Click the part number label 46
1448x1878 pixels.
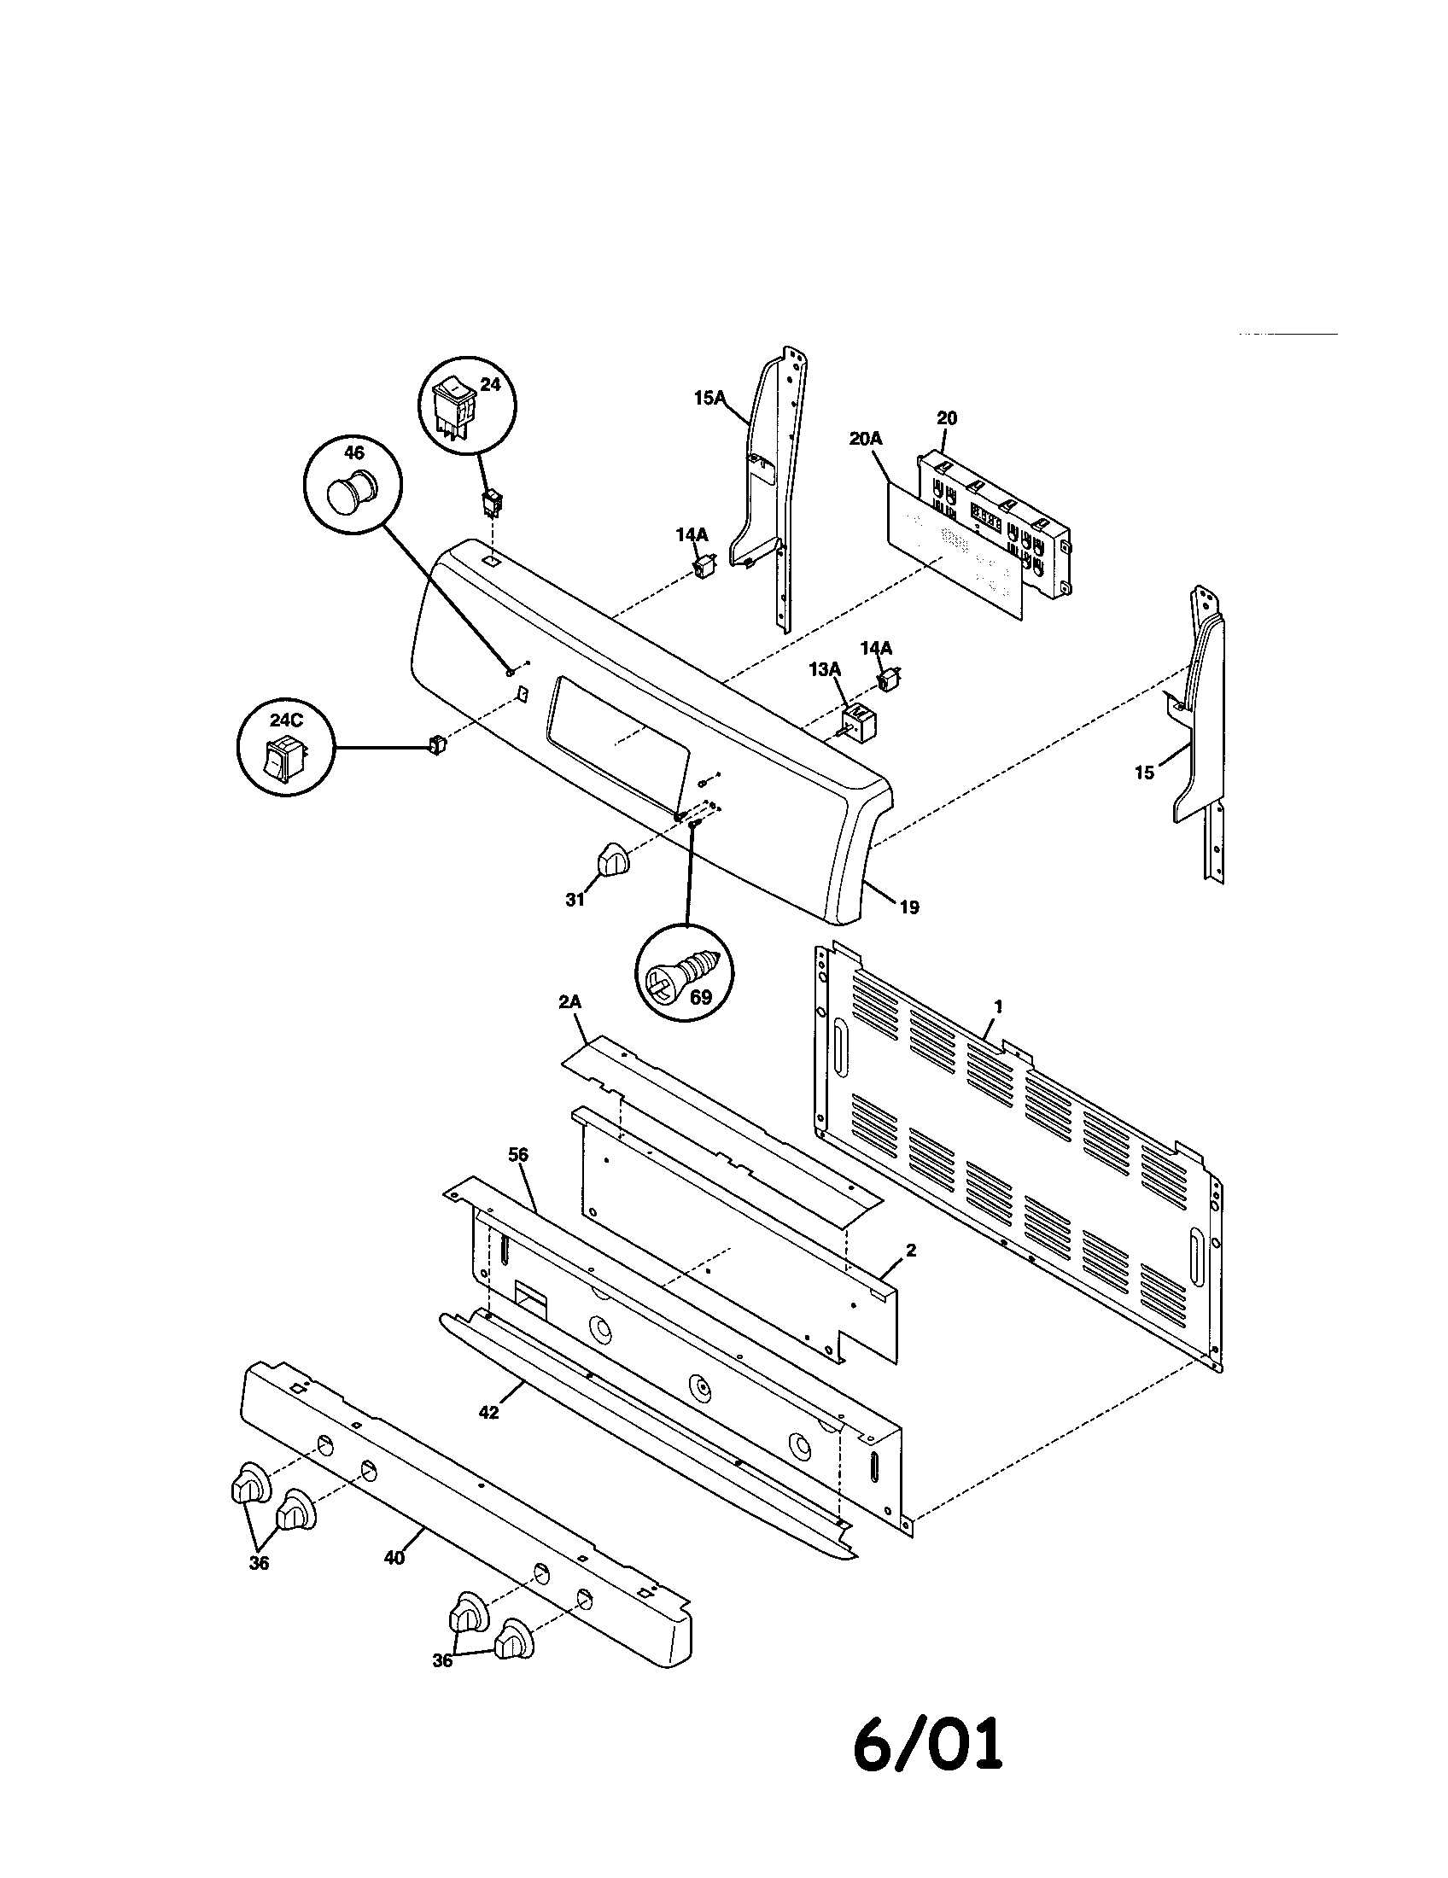click(353, 453)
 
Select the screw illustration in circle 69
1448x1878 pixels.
click(676, 975)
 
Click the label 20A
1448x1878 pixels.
click(866, 439)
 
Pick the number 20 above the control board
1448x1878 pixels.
click(946, 418)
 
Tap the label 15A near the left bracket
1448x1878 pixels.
click(711, 397)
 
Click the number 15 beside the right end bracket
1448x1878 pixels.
click(1143, 773)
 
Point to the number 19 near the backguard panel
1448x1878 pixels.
click(909, 907)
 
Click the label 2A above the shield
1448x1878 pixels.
click(570, 1002)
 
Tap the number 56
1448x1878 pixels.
click(517, 1155)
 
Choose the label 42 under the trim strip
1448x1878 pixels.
click(488, 1413)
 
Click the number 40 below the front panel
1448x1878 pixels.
click(394, 1557)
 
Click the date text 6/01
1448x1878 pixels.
click(928, 1764)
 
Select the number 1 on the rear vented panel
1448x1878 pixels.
click(998, 1006)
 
